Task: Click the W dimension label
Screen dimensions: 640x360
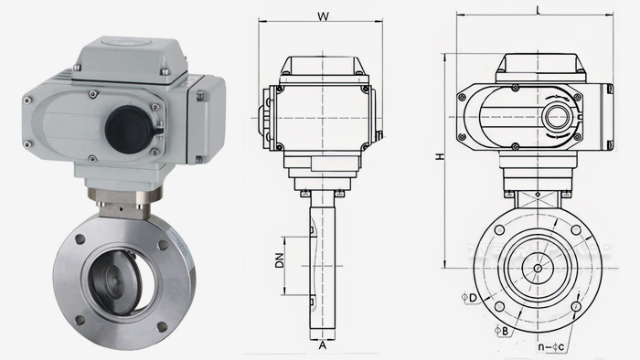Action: click(323, 16)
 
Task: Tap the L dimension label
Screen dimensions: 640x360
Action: click(539, 10)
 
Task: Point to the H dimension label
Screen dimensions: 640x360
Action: click(440, 156)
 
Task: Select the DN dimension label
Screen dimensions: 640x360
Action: click(279, 260)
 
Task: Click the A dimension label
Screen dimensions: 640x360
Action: click(323, 345)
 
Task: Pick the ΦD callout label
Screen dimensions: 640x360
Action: click(469, 298)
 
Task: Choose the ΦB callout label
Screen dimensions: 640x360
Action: click(502, 331)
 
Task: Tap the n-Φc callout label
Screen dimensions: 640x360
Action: click(551, 347)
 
